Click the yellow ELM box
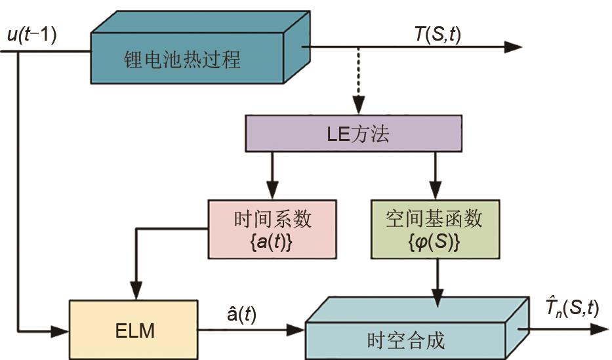[133, 329]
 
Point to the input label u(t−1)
[31, 34]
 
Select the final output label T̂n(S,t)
[573, 307]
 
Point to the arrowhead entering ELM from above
[135, 291]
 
